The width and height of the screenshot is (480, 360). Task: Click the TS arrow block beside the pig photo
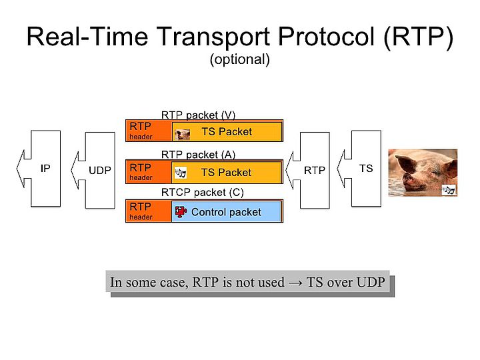point(365,169)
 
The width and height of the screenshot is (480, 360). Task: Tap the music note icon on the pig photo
point(449,190)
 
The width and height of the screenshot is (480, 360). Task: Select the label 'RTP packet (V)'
point(198,115)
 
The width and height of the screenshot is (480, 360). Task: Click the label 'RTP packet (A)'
point(198,155)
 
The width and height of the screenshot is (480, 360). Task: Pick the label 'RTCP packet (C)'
point(203,193)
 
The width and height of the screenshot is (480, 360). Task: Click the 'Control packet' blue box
point(227,212)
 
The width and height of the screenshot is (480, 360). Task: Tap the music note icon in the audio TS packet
point(180,173)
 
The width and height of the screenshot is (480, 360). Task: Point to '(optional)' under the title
point(239,59)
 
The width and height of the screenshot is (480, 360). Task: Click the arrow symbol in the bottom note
point(295,282)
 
